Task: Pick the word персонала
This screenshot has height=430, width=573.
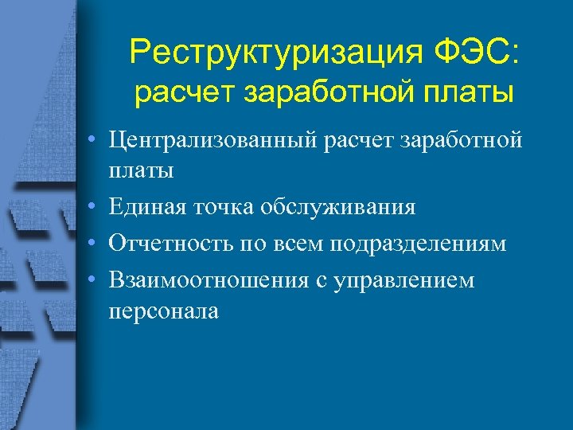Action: (164, 311)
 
